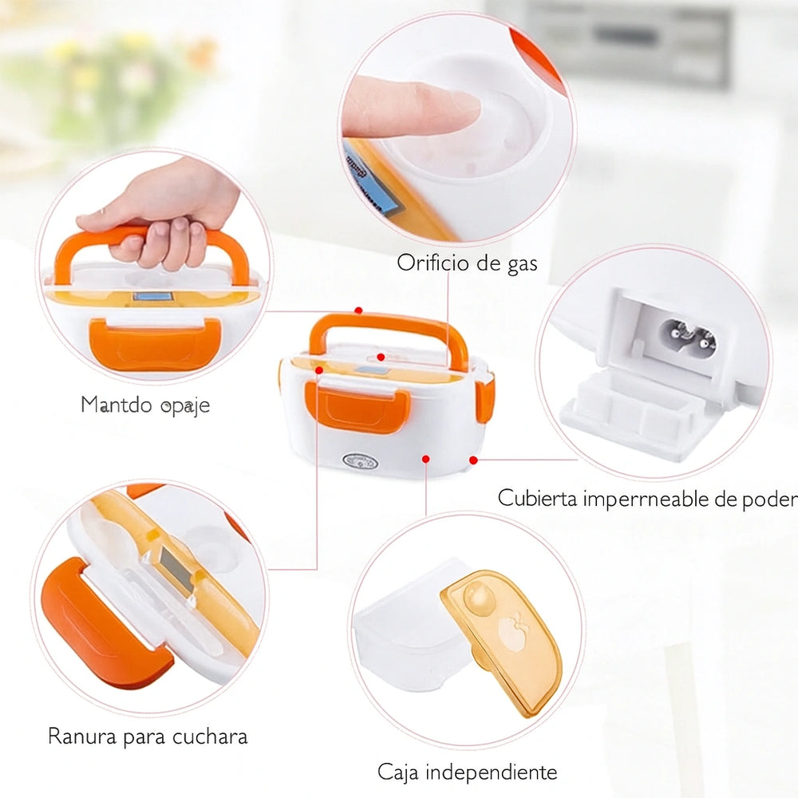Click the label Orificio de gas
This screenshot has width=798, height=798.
[467, 263]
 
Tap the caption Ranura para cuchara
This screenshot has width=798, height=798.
[148, 735]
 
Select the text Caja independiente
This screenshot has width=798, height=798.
[467, 772]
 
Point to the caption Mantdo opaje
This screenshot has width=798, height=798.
[145, 405]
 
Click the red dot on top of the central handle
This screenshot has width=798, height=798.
[359, 310]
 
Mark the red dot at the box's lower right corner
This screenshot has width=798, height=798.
[473, 460]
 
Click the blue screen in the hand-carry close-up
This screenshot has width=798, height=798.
[147, 298]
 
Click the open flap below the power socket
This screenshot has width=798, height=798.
[630, 415]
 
